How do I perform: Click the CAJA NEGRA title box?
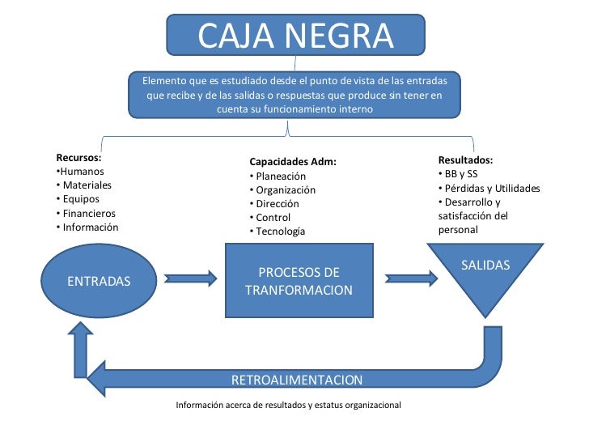(295, 35)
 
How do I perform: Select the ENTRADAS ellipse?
(99, 281)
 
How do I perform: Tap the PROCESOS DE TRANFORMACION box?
(299, 280)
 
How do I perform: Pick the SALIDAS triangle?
(485, 275)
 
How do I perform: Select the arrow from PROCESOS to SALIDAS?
(411, 278)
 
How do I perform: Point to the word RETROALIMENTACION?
(297, 380)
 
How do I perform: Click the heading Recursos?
(78, 158)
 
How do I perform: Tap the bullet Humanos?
(82, 172)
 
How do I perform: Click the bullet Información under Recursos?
(90, 227)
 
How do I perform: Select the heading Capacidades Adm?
(292, 162)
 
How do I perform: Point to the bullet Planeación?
(280, 176)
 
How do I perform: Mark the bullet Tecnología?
(280, 231)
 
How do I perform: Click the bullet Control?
(273, 217)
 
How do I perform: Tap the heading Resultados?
(465, 160)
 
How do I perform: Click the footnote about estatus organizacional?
(288, 404)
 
